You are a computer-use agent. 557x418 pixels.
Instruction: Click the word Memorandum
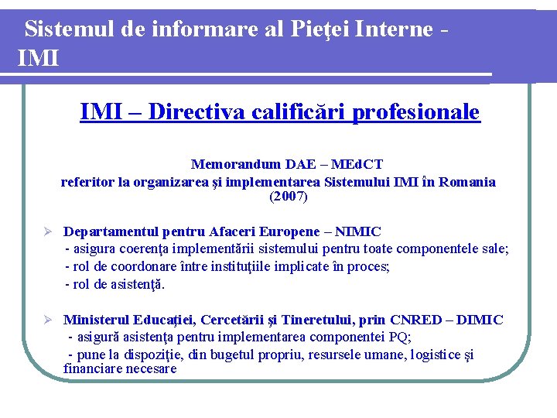click(236, 164)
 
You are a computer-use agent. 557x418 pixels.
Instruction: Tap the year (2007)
click(288, 197)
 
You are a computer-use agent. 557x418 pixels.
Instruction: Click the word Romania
click(466, 182)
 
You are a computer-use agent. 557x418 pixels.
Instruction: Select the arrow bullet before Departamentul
click(47, 231)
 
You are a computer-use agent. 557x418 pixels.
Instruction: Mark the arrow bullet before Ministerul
click(47, 320)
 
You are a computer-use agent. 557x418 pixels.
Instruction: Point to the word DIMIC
click(479, 320)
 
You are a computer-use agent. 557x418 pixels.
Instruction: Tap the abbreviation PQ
click(398, 337)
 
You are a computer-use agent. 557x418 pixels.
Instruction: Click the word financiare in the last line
click(93, 368)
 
